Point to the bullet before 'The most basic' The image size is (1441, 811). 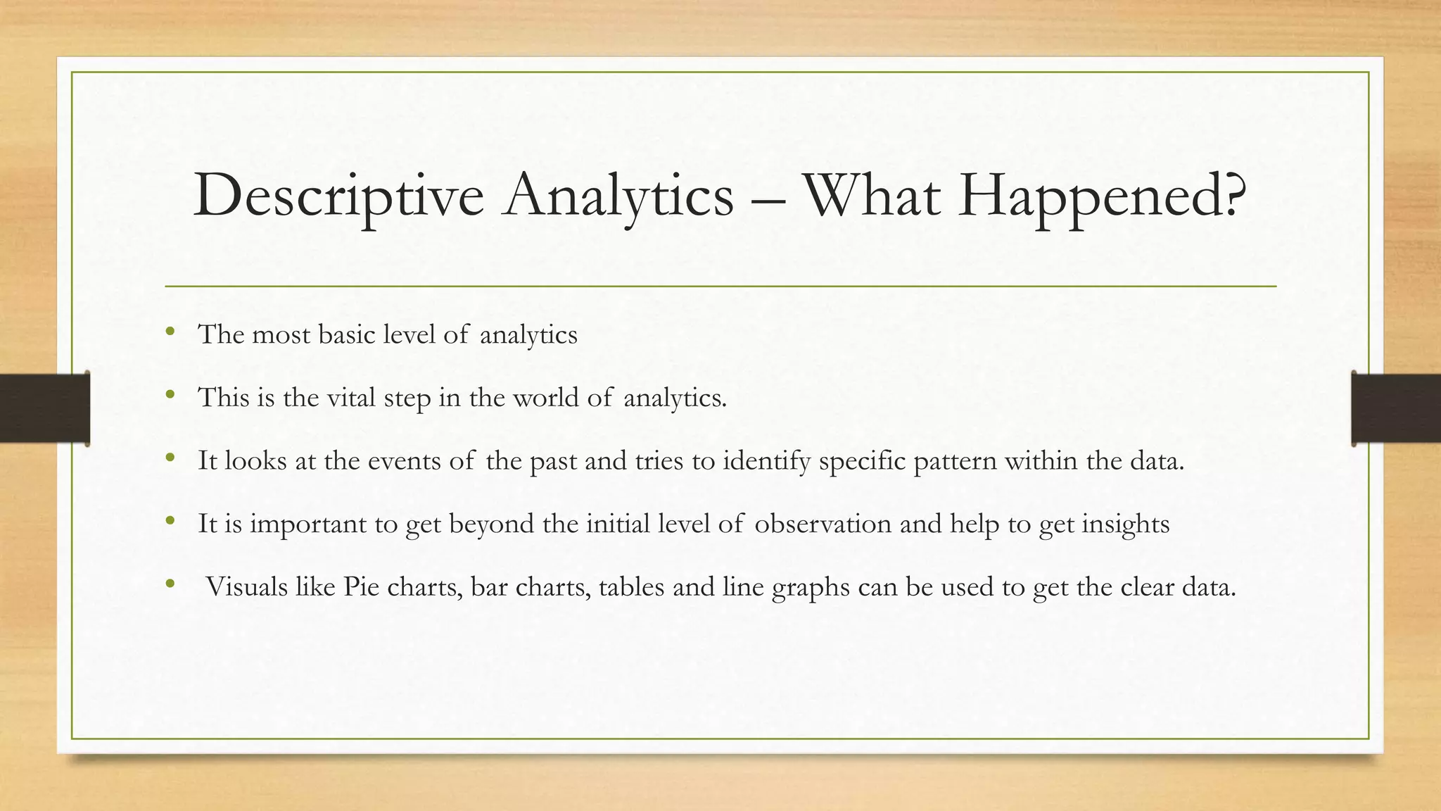[169, 332]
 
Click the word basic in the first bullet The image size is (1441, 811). [346, 334]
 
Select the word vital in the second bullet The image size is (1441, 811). [351, 397]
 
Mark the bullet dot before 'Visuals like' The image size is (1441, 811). [169, 584]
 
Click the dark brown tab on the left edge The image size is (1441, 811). [44, 408]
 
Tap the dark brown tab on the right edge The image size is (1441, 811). [1396, 408]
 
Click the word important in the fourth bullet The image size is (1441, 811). [307, 524]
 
